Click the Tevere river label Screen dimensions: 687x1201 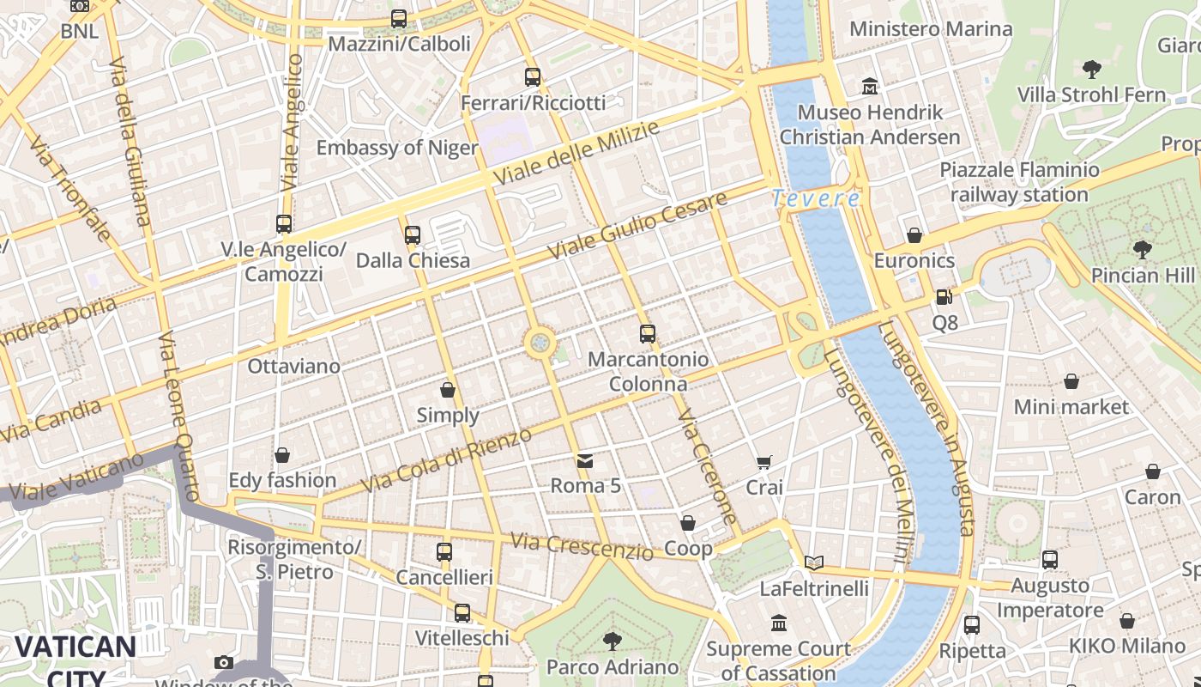(816, 198)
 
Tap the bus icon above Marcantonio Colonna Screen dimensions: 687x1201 (648, 334)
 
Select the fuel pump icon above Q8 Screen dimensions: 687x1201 (944, 297)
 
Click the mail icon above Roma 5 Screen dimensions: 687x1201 (585, 461)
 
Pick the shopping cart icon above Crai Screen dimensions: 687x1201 (764, 463)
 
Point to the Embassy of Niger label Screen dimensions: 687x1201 (396, 148)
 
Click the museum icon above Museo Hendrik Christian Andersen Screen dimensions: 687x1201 (870, 87)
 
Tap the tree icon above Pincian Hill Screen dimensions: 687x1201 (1142, 250)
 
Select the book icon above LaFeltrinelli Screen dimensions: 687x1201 (814, 563)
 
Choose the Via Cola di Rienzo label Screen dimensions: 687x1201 (446, 461)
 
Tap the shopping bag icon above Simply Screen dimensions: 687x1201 (448, 391)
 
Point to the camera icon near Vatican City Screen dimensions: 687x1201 (224, 662)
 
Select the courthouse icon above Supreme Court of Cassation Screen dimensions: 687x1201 (779, 623)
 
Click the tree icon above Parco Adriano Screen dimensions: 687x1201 (613, 641)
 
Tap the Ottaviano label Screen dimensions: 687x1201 (293, 367)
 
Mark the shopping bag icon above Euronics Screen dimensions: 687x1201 (914, 235)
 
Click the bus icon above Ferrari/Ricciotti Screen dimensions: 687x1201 (533, 77)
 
